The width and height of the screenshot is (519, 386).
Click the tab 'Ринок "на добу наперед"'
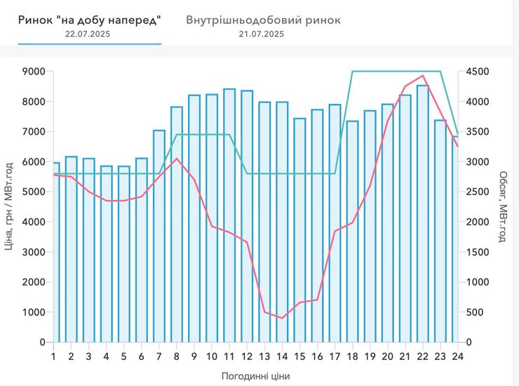click(x=90, y=20)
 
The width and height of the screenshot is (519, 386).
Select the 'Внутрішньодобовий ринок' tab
click(x=263, y=20)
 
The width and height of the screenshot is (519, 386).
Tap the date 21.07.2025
click(x=261, y=34)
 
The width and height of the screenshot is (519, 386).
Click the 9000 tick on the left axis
click(x=33, y=72)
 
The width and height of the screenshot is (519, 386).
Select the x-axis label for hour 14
click(x=282, y=356)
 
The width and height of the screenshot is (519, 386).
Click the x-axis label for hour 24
click(x=457, y=356)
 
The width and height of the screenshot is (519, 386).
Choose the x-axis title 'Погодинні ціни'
click(x=255, y=375)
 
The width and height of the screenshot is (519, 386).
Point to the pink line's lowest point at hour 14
click(x=282, y=318)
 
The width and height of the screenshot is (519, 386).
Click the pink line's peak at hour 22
click(x=422, y=75)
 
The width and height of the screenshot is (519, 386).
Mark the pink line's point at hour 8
click(x=177, y=159)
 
